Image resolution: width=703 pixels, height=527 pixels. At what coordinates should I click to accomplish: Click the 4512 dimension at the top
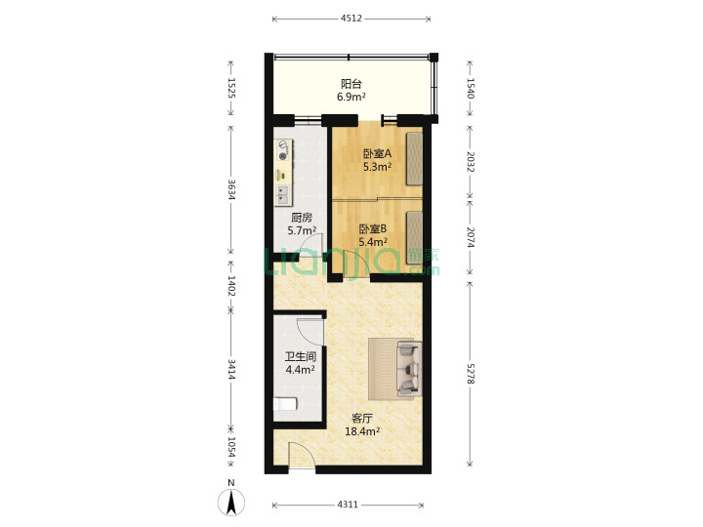pos(351,19)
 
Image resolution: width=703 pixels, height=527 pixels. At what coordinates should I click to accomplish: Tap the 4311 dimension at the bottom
pos(348,505)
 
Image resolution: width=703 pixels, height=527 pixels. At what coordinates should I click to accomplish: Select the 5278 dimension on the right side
pos(470,373)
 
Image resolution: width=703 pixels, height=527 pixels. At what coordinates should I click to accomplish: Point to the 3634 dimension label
pos(231,190)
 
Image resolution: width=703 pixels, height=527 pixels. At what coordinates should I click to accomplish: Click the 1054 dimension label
pos(231,448)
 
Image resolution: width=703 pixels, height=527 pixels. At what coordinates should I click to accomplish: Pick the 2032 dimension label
pos(470,162)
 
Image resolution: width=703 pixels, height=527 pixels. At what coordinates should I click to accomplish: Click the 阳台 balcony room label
pos(351,84)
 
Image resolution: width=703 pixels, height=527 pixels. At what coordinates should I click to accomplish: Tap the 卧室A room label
pos(377,154)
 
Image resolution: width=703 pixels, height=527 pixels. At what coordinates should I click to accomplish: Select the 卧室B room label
pos(373,229)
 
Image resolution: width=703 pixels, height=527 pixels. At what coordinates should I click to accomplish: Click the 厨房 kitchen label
pos(302,218)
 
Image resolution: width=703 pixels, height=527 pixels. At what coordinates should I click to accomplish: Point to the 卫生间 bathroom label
pos(301,357)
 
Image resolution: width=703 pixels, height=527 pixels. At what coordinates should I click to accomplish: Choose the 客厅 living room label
pos(362,419)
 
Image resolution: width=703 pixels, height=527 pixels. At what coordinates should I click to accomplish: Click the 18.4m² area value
pos(362,431)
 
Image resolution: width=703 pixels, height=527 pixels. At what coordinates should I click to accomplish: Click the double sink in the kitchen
pos(282,194)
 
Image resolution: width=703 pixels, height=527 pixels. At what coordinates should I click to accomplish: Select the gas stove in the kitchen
pos(283,150)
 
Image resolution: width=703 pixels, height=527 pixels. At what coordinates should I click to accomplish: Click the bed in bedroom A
pos(414,159)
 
